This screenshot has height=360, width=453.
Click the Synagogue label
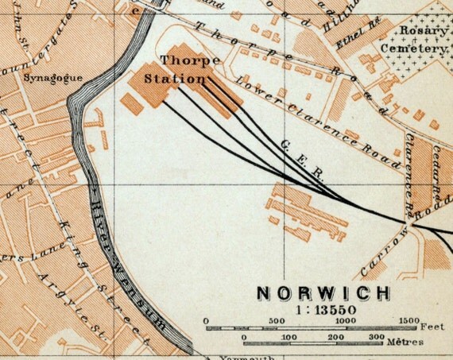point(45,79)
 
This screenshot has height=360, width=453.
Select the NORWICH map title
point(323,292)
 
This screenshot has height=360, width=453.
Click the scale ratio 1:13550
point(323,308)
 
